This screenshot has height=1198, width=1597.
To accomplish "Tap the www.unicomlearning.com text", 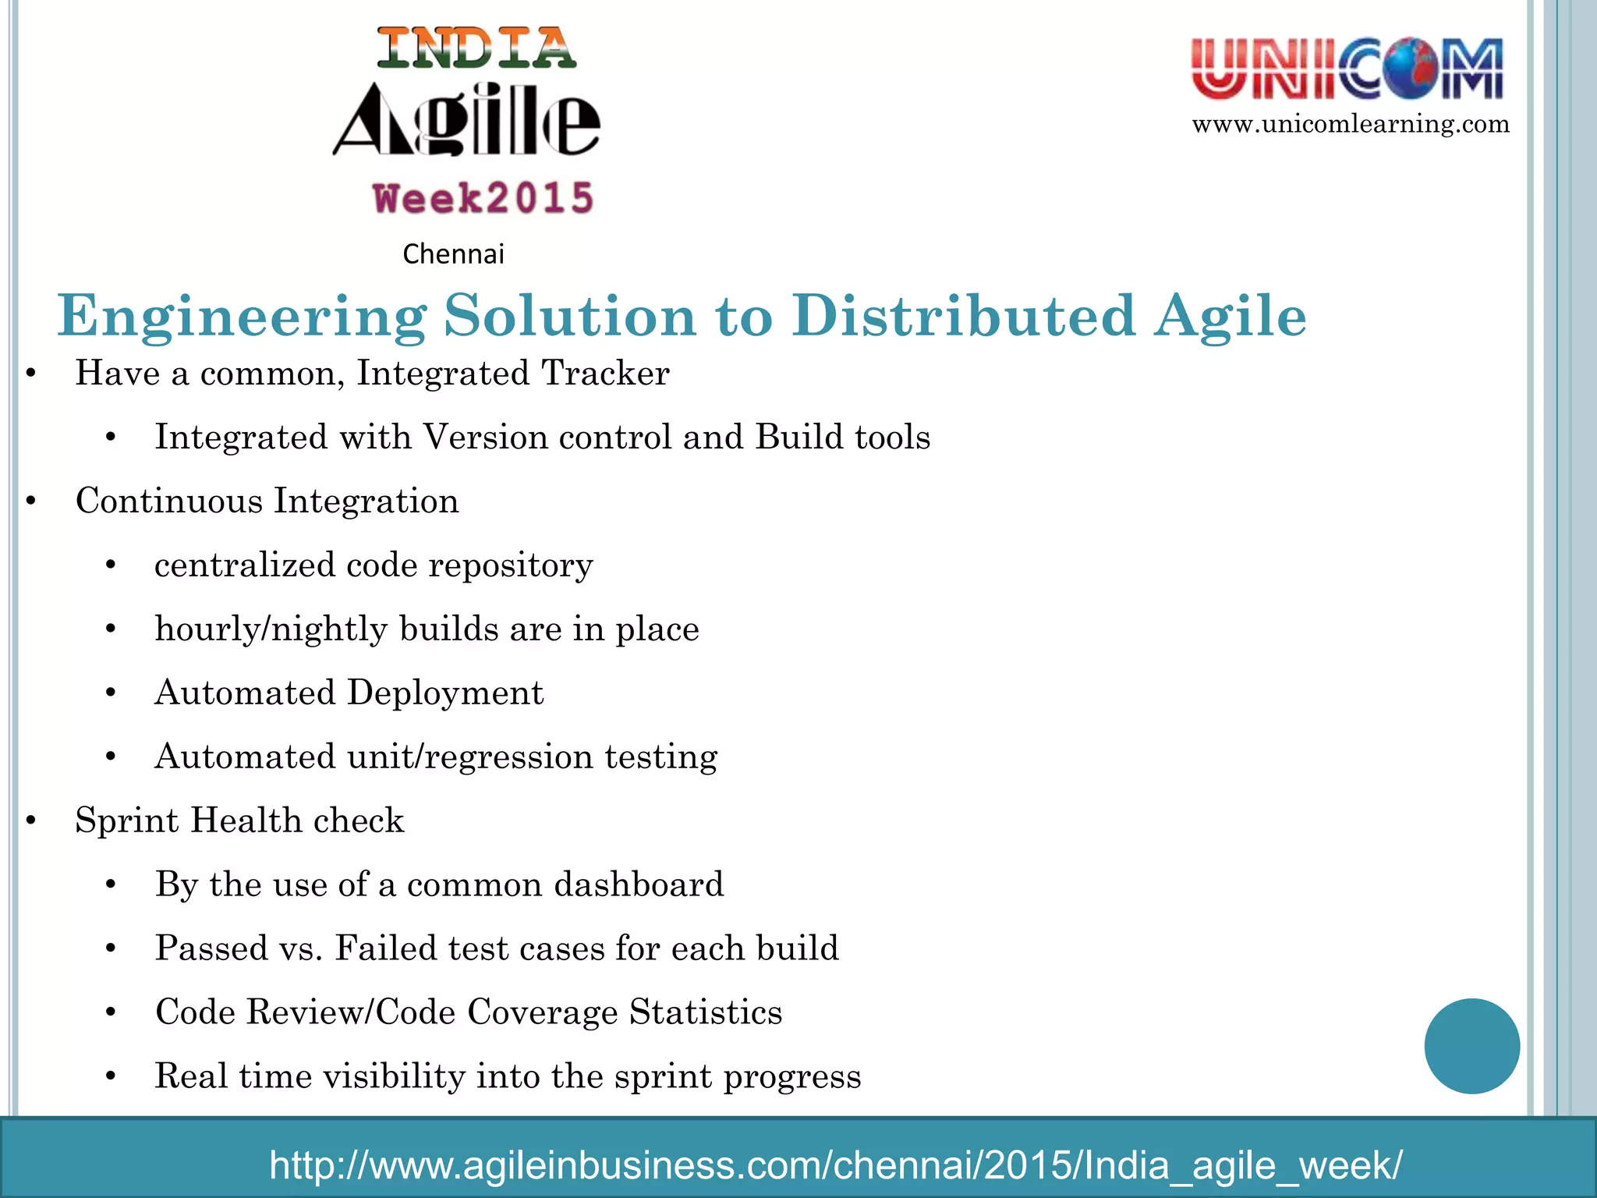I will (1351, 124).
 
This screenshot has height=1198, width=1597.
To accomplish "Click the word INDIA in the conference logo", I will (476, 48).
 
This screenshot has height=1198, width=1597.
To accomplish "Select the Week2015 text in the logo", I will (483, 198).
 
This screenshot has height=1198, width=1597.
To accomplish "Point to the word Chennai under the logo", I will (453, 254).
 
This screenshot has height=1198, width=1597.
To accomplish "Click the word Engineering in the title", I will (242, 316).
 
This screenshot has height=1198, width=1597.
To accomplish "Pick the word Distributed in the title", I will (965, 316).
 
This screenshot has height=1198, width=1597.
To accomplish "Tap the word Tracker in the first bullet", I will (605, 373).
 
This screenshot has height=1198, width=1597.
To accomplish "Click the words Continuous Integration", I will (267, 501).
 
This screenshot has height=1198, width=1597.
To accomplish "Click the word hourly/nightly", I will (271, 629).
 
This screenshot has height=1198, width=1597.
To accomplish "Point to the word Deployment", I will (445, 693).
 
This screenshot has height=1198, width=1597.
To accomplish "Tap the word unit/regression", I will (470, 757).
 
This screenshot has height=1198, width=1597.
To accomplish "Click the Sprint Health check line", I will (239, 821).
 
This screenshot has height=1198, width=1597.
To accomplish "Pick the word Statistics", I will (706, 1012).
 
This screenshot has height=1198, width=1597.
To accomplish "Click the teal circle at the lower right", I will (1471, 1046).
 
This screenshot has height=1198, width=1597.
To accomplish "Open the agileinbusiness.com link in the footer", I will (835, 1164).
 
